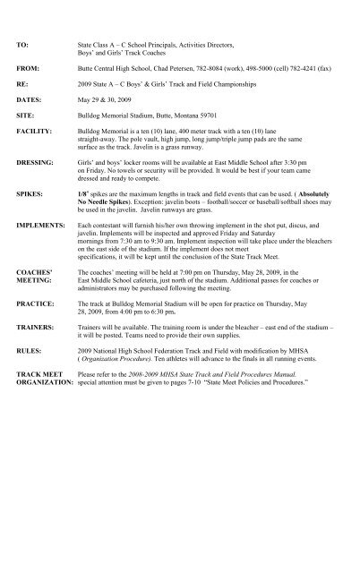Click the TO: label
tap(23, 42)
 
